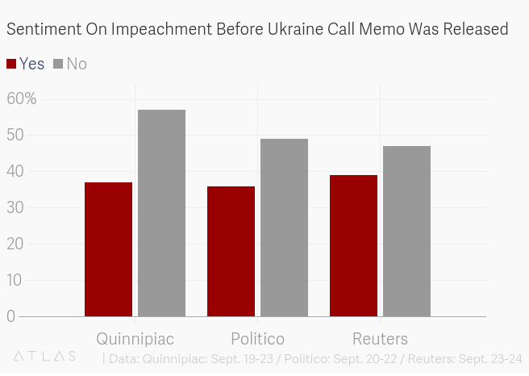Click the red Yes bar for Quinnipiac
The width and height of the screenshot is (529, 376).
(x=108, y=249)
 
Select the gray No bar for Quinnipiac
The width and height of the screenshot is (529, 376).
(x=161, y=213)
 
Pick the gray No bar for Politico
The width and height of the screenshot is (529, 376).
(x=284, y=228)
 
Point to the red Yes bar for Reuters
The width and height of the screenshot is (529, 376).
(x=353, y=245)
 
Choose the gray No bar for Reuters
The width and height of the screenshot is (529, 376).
(x=406, y=231)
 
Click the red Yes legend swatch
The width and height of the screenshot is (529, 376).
(x=11, y=64)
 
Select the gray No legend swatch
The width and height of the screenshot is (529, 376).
(x=58, y=64)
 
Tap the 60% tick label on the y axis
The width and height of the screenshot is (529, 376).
(x=22, y=98)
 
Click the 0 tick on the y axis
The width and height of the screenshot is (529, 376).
(x=11, y=316)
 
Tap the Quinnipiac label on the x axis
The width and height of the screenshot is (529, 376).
(x=135, y=338)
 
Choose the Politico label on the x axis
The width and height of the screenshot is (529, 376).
(x=257, y=338)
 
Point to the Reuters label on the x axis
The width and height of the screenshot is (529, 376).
(x=380, y=338)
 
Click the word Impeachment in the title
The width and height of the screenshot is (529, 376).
(x=162, y=30)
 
